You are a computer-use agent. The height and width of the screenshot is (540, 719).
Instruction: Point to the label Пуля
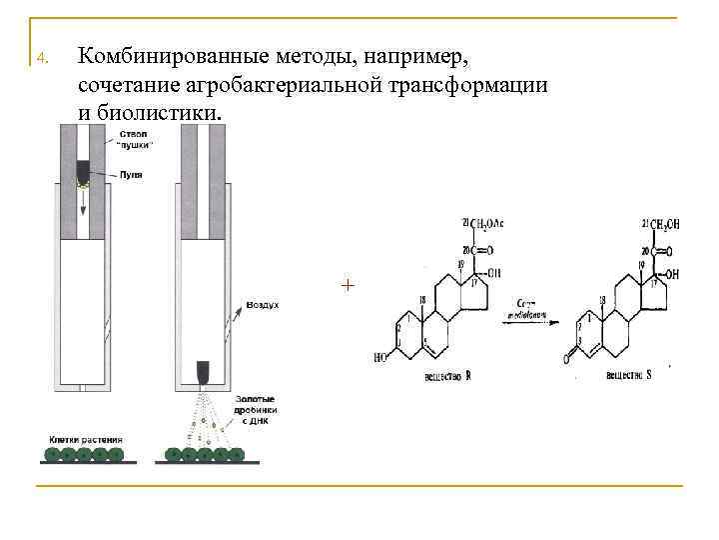pyautogui.click(x=130, y=174)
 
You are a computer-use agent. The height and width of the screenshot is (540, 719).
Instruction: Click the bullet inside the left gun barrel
pyautogui.click(x=83, y=172)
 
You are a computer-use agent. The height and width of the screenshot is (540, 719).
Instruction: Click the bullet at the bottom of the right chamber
pyautogui.click(x=203, y=372)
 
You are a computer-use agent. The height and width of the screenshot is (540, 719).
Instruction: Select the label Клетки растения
pyautogui.click(x=85, y=439)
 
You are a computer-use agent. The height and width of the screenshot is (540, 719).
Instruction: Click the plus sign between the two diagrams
pyautogui.click(x=347, y=286)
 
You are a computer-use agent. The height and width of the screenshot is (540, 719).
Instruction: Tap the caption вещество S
pyautogui.click(x=629, y=374)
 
